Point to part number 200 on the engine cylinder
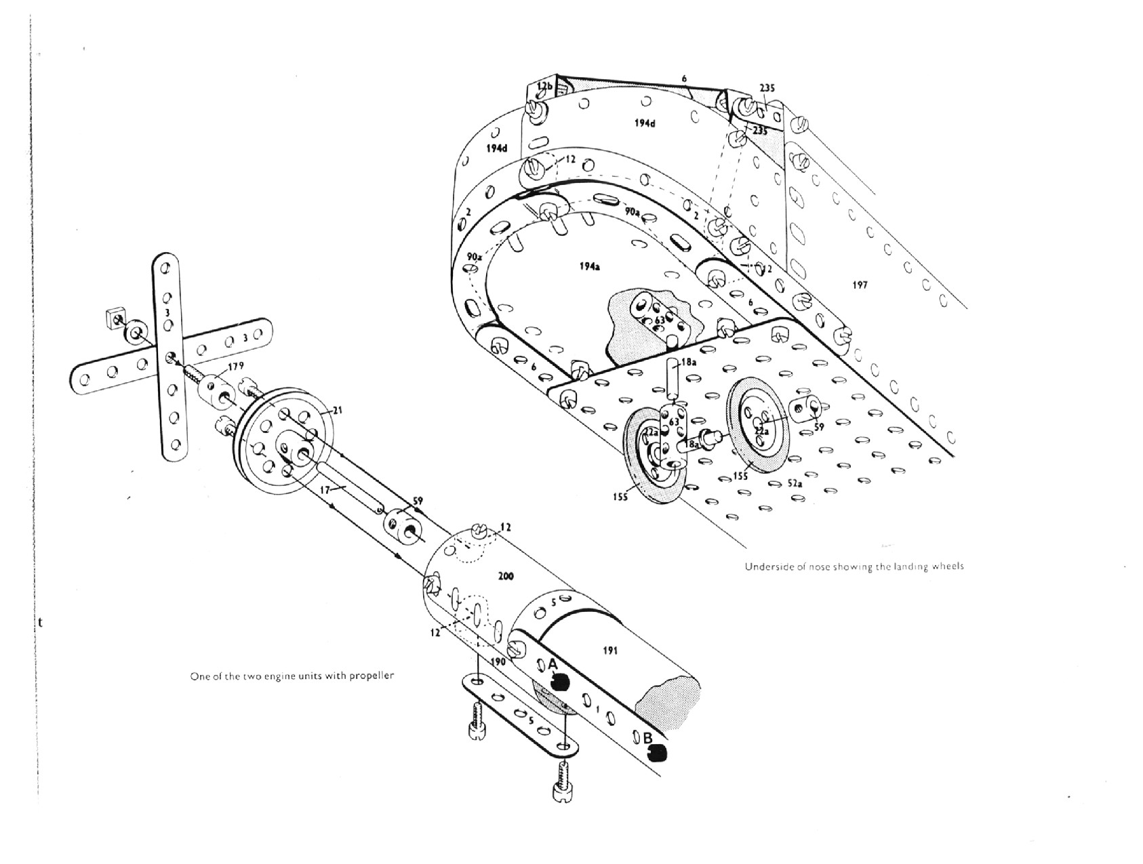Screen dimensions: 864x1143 tap(506, 576)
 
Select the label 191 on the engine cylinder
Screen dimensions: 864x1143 tap(610, 651)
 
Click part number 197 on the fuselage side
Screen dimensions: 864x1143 tap(859, 285)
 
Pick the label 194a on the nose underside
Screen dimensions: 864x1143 tap(589, 266)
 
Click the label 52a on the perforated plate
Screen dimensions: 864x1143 tap(795, 484)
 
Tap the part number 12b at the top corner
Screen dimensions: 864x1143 tap(544, 86)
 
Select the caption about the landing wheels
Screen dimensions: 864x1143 tap(854, 566)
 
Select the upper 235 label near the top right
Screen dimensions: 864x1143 tap(767, 88)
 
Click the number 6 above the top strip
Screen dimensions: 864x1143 tap(685, 79)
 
